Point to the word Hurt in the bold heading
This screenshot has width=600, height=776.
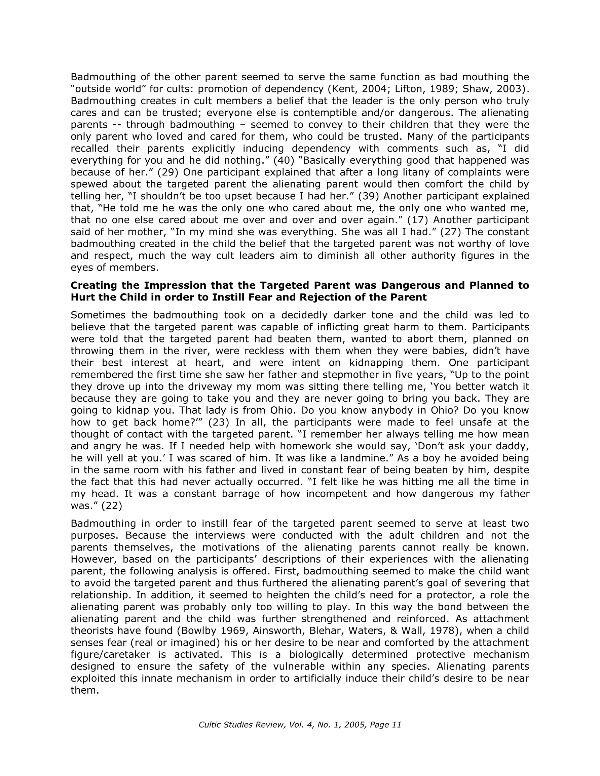[x=83, y=297]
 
